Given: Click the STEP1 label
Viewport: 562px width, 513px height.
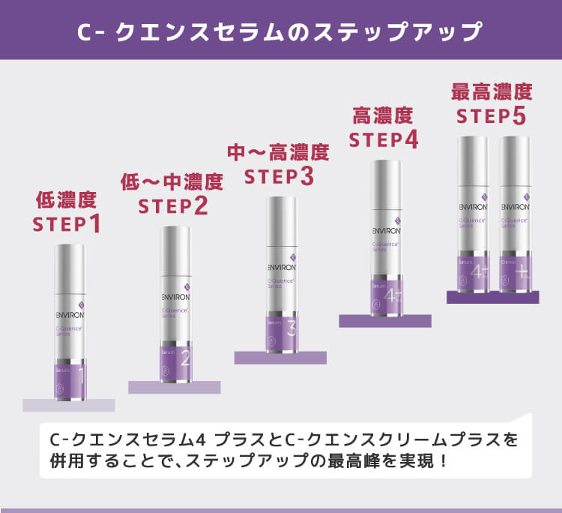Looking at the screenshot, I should (67, 224).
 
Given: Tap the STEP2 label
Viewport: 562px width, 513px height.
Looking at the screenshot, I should (173, 205).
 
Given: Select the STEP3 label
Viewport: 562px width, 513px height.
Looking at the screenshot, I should (279, 176).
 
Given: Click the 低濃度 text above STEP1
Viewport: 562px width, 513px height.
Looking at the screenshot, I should (67, 199).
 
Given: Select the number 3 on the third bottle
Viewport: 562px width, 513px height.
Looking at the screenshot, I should (291, 328).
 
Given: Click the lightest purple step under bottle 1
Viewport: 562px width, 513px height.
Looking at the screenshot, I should (68, 405).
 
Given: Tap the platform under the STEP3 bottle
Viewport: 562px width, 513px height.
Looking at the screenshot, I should (280, 357).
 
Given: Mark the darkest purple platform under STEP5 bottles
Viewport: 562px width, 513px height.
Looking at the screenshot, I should (492, 297).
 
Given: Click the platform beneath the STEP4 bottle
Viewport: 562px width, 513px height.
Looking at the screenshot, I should (385, 321).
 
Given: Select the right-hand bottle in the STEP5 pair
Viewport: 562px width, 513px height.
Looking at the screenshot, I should (516, 214).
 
